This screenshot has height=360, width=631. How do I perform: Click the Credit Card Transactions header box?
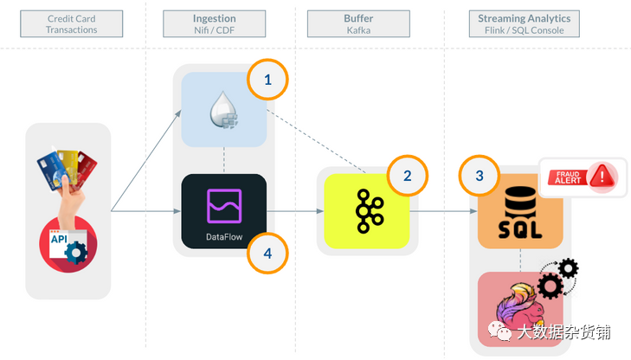pyautogui.click(x=72, y=23)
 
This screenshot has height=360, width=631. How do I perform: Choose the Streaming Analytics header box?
pyautogui.click(x=525, y=23)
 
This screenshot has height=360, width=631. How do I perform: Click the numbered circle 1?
pyautogui.click(x=267, y=80)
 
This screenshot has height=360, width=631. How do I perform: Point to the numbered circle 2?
pyautogui.click(x=407, y=177)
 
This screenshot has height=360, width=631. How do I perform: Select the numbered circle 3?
pyautogui.click(x=480, y=176)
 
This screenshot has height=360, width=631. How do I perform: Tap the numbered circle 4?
pyautogui.click(x=267, y=253)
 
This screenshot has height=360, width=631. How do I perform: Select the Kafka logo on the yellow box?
pyautogui.click(x=365, y=210)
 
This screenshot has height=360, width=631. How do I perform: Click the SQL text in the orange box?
pyautogui.click(x=520, y=228)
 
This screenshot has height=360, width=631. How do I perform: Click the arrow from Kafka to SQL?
pyautogui.click(x=441, y=210)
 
